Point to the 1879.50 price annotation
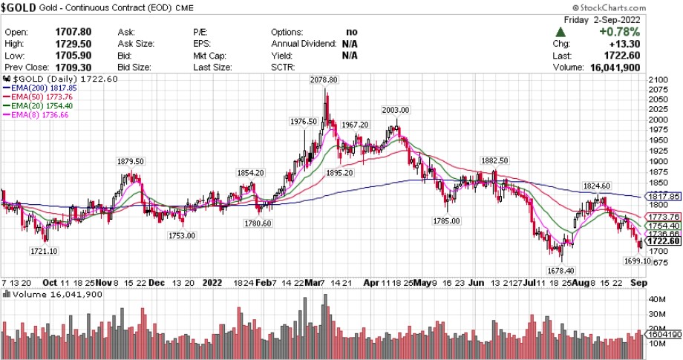130,161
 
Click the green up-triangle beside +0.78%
561,32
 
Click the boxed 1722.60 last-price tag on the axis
663,241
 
